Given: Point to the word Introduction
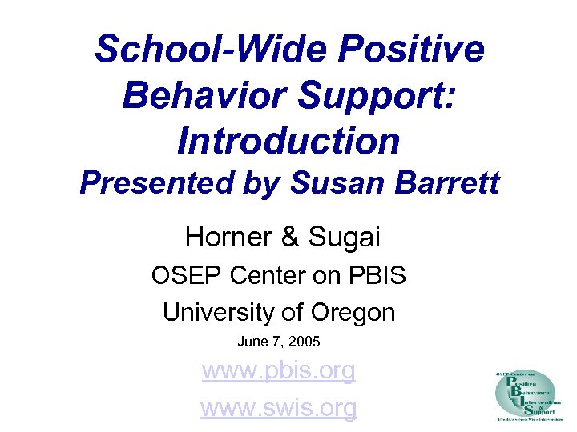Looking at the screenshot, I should (x=288, y=142).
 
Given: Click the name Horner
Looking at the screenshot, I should (x=227, y=237).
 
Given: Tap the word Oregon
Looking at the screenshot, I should (x=354, y=311).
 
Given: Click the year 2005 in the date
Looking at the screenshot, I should (x=305, y=342).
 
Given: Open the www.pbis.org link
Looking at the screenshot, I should (x=278, y=371).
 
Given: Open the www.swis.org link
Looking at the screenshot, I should (x=278, y=407).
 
